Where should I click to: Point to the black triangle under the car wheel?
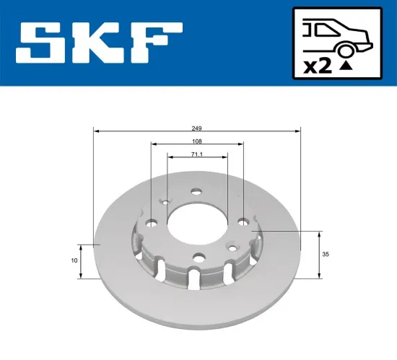pos(348,65)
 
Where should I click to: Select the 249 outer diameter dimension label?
pos(197,126)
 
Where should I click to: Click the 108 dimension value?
pos(197,142)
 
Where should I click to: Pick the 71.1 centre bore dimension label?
pos(197,154)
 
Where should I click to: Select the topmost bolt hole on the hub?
pos(196,191)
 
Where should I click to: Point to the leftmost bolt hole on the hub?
pos(151,224)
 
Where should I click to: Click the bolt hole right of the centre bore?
pos(243,221)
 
